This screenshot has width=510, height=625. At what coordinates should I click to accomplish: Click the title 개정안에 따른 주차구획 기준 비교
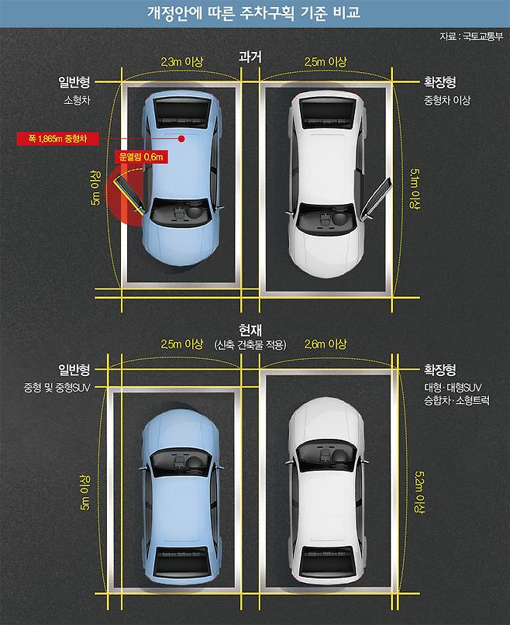pos(254,13)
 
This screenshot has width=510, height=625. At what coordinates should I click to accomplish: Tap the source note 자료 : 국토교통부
pos(471,36)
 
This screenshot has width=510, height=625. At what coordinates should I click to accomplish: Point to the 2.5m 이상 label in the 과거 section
pos(326,61)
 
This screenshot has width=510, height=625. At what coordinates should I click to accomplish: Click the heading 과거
pos(251,57)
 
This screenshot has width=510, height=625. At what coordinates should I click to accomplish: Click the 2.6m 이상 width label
pos(326,344)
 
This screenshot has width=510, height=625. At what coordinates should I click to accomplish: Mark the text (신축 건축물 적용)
pos(250,344)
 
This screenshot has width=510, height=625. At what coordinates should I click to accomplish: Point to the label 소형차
pos(78,101)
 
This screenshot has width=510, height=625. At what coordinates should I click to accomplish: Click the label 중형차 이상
pos(446,101)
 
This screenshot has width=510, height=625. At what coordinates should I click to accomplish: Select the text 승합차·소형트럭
pos(452,401)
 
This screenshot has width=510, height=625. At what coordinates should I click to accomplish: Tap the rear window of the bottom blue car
pos(180,562)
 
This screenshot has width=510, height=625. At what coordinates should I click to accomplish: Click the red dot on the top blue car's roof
pos(180,140)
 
